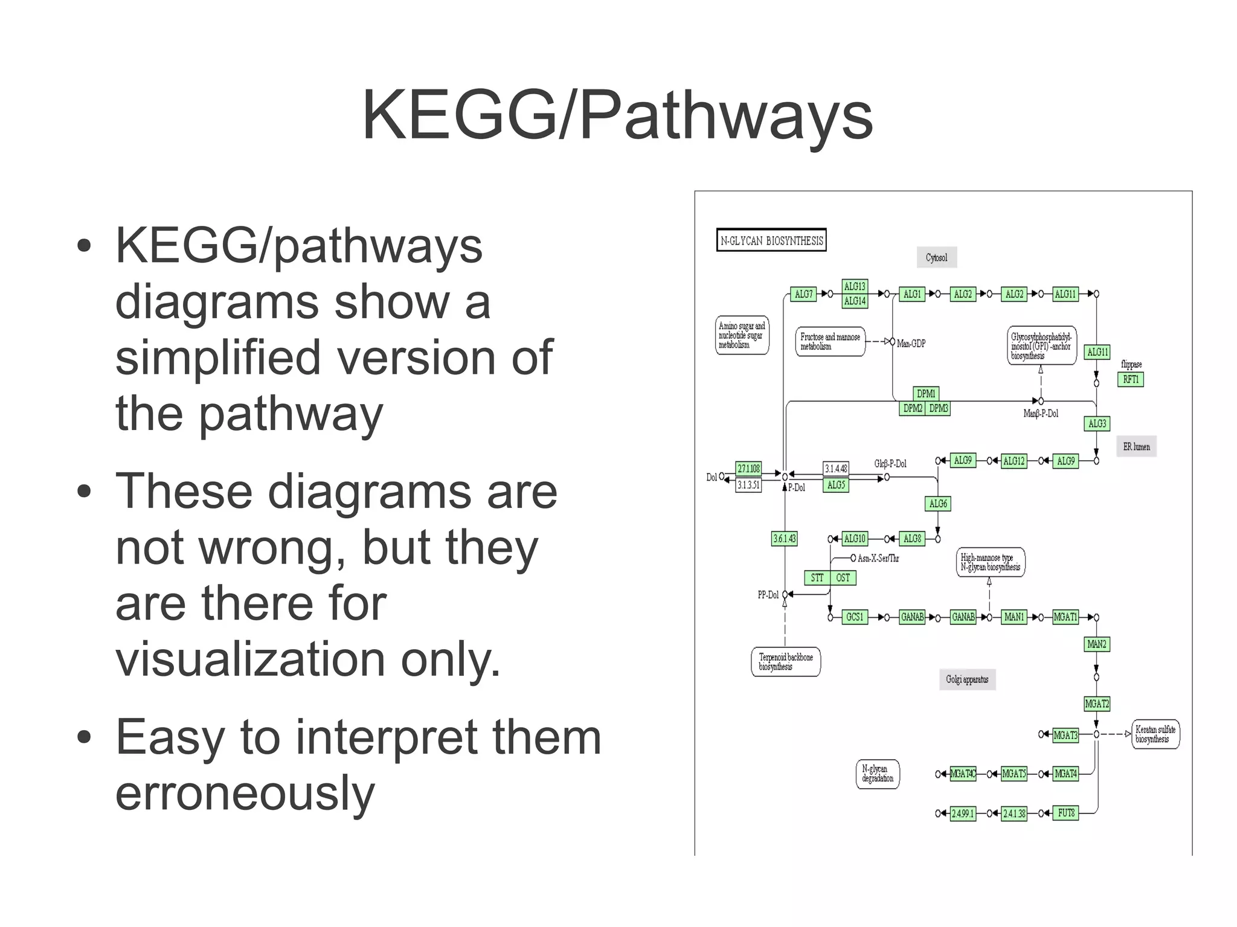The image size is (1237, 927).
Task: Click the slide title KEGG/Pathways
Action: tap(617, 115)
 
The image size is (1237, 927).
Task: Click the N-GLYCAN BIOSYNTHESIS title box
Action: tap(771, 240)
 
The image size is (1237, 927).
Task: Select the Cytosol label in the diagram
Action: tap(936, 258)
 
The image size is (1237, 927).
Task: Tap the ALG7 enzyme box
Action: tap(803, 294)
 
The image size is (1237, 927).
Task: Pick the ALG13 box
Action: tap(855, 286)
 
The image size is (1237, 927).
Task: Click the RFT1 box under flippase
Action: tap(1131, 379)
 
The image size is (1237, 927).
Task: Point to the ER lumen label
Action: tap(1136, 447)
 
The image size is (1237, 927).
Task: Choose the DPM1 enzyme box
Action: tap(926, 394)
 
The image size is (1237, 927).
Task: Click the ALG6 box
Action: tap(938, 504)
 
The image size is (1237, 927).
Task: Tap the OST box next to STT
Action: tap(843, 578)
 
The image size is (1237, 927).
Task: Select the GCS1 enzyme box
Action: tap(855, 617)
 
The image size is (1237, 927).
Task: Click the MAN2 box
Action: tap(1097, 644)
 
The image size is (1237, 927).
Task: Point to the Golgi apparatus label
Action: tap(967, 679)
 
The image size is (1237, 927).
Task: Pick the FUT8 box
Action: tap(1066, 813)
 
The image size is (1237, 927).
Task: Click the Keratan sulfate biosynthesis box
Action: tap(1155, 734)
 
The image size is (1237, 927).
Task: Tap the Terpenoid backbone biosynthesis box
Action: tap(785, 662)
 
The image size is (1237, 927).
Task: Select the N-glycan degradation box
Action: tap(878, 774)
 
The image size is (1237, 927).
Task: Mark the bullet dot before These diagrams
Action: tap(85, 491)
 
